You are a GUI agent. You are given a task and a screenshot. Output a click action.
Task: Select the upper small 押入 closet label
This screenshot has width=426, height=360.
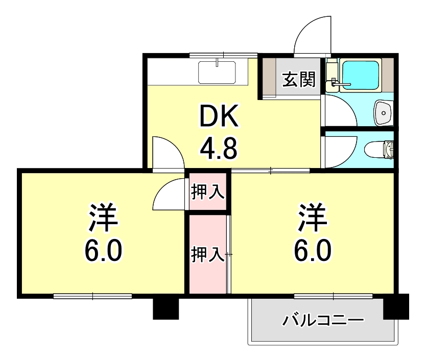(x=207, y=192)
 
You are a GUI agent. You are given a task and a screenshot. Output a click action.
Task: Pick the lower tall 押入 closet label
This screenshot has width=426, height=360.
(x=207, y=254)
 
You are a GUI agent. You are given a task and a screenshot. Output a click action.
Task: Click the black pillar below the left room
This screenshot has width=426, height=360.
(x=166, y=307)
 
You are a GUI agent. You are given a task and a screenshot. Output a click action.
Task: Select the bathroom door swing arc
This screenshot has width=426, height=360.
(x=340, y=110)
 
